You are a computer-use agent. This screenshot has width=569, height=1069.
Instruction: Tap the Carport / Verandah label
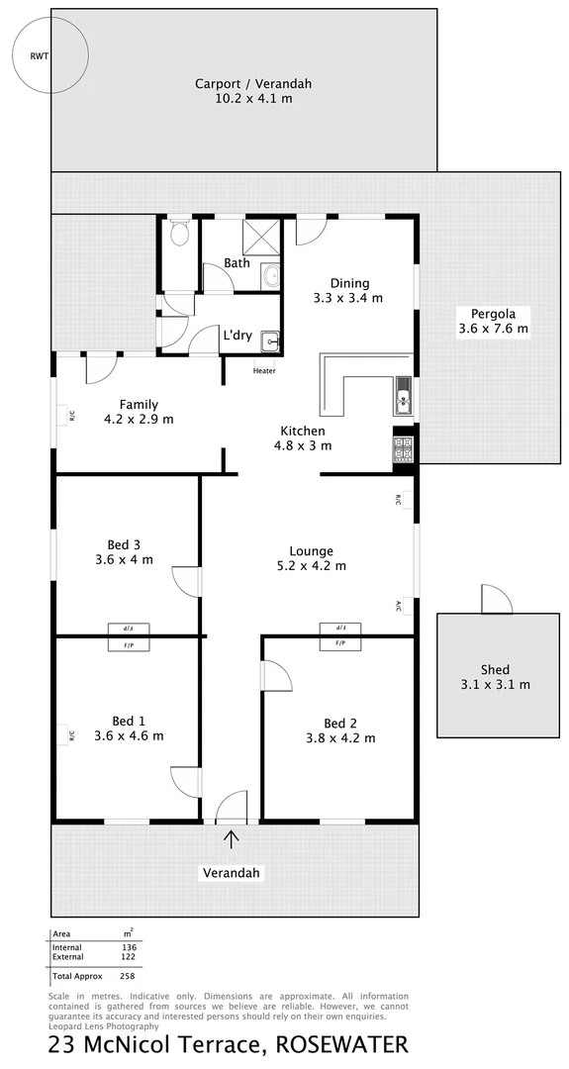pyautogui.click(x=252, y=84)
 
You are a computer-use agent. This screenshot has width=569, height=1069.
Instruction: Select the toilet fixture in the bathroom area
pyautogui.click(x=180, y=235)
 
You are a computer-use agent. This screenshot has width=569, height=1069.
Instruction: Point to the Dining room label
pyautogui.click(x=349, y=283)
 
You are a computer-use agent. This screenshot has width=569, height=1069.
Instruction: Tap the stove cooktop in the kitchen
pyautogui.click(x=403, y=448)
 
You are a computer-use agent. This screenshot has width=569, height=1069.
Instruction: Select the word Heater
pyautogui.click(x=264, y=371)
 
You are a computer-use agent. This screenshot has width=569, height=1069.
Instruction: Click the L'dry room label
pyautogui.click(x=237, y=336)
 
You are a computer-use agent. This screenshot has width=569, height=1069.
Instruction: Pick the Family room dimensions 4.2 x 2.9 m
pyautogui.click(x=140, y=419)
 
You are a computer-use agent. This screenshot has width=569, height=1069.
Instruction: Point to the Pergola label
pyautogui.click(x=493, y=312)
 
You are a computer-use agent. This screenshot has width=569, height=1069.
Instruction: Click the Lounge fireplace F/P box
pyautogui.click(x=340, y=643)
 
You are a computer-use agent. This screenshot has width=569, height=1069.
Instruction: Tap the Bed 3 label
pyautogui.click(x=124, y=543)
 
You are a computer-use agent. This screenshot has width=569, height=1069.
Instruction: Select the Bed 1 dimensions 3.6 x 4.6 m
pyautogui.click(x=129, y=735)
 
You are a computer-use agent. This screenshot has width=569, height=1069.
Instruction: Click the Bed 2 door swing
pyautogui.click(x=278, y=677)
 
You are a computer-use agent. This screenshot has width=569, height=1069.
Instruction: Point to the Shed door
pyautogui.click(x=496, y=600)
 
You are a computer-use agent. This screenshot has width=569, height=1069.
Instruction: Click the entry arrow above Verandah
pyautogui.click(x=232, y=839)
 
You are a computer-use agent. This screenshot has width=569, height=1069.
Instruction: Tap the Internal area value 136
pyautogui.click(x=129, y=947)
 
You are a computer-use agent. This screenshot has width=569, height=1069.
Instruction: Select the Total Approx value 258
pyautogui.click(x=129, y=976)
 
